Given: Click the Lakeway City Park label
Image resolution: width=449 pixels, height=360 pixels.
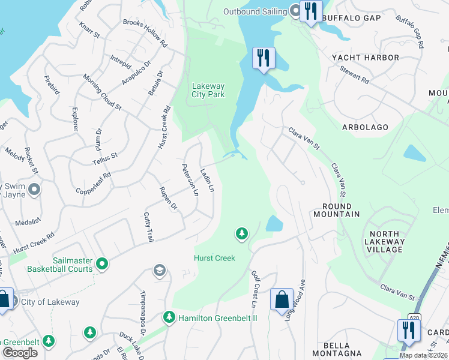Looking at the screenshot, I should coord(208,90).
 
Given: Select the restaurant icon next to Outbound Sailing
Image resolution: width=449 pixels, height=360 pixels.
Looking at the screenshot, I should coord(311,11).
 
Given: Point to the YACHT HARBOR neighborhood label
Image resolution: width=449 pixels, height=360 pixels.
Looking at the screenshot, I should coord(366,58).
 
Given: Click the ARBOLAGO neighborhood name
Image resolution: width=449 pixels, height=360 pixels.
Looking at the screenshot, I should coord(364,127).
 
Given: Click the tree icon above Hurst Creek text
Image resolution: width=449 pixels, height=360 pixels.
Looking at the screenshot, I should coord(242,233).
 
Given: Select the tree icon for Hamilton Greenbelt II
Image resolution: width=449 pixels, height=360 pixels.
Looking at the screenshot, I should coord(169,316).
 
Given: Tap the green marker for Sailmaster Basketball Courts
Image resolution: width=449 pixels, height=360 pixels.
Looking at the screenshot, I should coord(103,263).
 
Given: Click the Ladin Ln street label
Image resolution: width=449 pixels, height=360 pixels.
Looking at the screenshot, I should coord(207,179).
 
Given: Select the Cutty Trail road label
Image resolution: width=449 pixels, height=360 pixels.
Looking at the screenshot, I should coord(148,227).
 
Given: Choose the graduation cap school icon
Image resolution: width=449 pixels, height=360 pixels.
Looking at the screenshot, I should coord(159,271).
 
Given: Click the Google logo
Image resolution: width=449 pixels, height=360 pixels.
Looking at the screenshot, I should coord(20,353).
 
